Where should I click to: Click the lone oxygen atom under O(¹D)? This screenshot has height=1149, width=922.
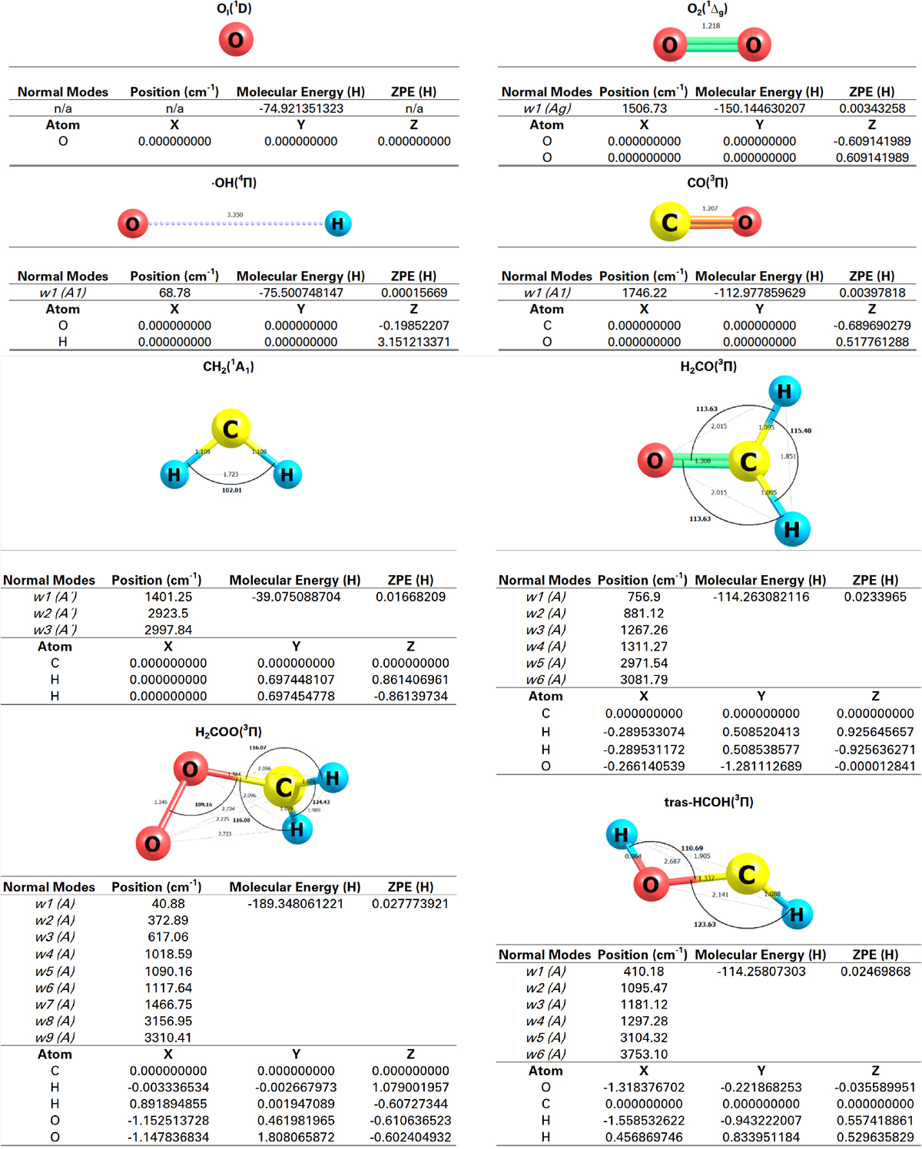click(x=236, y=40)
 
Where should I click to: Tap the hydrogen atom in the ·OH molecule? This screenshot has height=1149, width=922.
click(x=337, y=224)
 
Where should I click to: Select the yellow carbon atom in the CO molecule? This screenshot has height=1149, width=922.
click(x=670, y=222)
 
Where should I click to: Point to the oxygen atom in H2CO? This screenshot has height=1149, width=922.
click(x=655, y=461)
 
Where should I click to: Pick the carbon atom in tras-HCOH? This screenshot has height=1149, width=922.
click(x=747, y=874)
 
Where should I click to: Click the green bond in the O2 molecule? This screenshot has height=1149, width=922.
click(x=711, y=45)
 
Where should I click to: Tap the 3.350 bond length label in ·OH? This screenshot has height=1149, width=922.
click(x=235, y=215)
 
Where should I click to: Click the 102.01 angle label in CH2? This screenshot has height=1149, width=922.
click(x=232, y=490)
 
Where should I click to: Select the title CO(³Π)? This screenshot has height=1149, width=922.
click(x=708, y=183)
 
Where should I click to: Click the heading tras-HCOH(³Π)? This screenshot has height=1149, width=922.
click(x=708, y=802)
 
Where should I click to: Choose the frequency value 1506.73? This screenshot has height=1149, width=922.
click(x=644, y=108)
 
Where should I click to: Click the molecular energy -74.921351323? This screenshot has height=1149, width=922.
click(x=301, y=108)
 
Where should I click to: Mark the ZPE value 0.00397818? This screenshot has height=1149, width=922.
click(x=872, y=293)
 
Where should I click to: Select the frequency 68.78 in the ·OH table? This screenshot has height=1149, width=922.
click(x=174, y=293)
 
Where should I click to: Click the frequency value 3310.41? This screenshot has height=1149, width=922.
click(x=168, y=1038)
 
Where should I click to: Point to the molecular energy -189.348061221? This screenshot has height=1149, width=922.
click(x=296, y=904)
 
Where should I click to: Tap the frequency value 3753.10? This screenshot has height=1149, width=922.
click(x=644, y=1055)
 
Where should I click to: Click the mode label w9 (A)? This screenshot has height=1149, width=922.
click(x=55, y=1038)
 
